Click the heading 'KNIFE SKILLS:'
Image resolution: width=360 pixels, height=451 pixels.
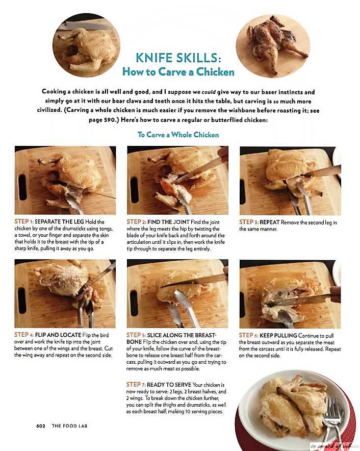tap(178, 58)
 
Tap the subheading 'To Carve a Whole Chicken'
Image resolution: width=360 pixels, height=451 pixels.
tap(178, 135)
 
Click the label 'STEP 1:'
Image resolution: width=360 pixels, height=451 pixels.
tap(24, 221)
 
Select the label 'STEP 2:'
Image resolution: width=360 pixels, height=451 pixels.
tap(136, 222)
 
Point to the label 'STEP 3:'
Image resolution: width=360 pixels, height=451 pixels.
tap(249, 222)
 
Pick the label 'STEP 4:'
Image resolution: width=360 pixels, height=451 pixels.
tap(24, 335)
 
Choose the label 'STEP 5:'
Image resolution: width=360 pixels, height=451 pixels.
tap(136, 335)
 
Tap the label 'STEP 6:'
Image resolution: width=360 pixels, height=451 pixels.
tap(248, 335)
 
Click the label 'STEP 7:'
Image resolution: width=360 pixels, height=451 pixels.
tap(136, 385)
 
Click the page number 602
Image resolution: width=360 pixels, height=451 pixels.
tap(41, 425)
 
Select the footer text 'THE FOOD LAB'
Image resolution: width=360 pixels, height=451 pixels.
tap(69, 425)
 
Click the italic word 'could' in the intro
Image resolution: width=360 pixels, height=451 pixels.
tap(209, 92)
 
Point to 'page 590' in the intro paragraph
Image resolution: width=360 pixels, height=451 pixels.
tap(102, 120)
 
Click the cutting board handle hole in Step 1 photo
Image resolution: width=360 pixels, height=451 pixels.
tap(22, 187)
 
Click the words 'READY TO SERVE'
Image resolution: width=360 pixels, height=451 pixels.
tap(169, 385)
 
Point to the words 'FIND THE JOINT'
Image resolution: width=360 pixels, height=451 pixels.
tap(168, 222)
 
